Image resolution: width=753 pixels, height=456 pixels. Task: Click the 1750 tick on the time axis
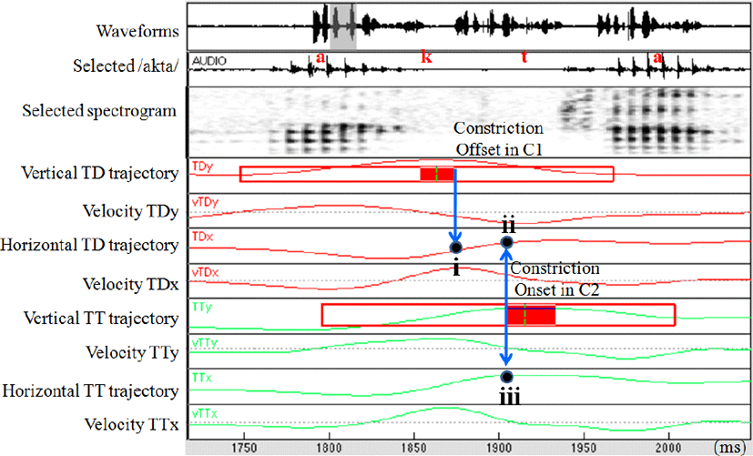pos(243,447)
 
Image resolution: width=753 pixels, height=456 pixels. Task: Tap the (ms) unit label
pos(730,448)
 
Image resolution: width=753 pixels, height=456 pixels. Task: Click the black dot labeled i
pos(455,247)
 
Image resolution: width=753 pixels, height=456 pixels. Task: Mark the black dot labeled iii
pos(507,377)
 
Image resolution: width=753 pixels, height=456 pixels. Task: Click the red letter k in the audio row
pos(424,57)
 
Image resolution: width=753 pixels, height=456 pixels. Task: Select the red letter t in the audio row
pos(524,57)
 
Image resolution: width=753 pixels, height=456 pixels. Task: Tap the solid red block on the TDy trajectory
pos(436,174)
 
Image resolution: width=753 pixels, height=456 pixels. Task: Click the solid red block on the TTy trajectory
pos(530,315)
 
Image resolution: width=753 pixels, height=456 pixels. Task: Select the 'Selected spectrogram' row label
pos(99,110)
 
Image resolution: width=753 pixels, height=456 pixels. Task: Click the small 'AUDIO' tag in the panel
pos(209,61)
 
